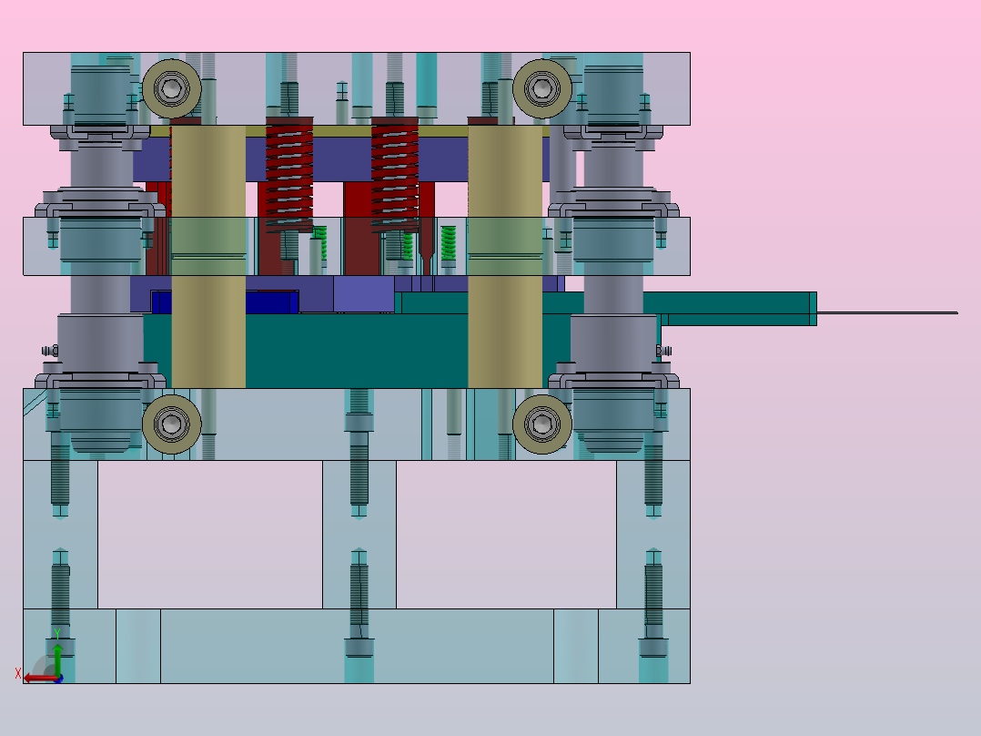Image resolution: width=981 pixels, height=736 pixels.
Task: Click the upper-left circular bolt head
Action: coord(171,89)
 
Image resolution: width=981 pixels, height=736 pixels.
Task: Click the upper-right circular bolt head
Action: coord(541,89)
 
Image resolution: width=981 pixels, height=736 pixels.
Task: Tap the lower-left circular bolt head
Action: coord(171,424)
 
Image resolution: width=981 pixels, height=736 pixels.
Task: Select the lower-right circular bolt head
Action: coord(541,424)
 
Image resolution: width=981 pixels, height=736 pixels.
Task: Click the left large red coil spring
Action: coord(289,175)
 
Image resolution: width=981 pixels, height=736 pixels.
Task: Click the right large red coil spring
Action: coord(395,175)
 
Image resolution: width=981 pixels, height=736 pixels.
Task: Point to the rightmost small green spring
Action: coord(448,243)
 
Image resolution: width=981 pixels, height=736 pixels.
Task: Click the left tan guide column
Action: coord(208,257)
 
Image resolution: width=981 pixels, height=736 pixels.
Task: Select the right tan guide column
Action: coord(505,257)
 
